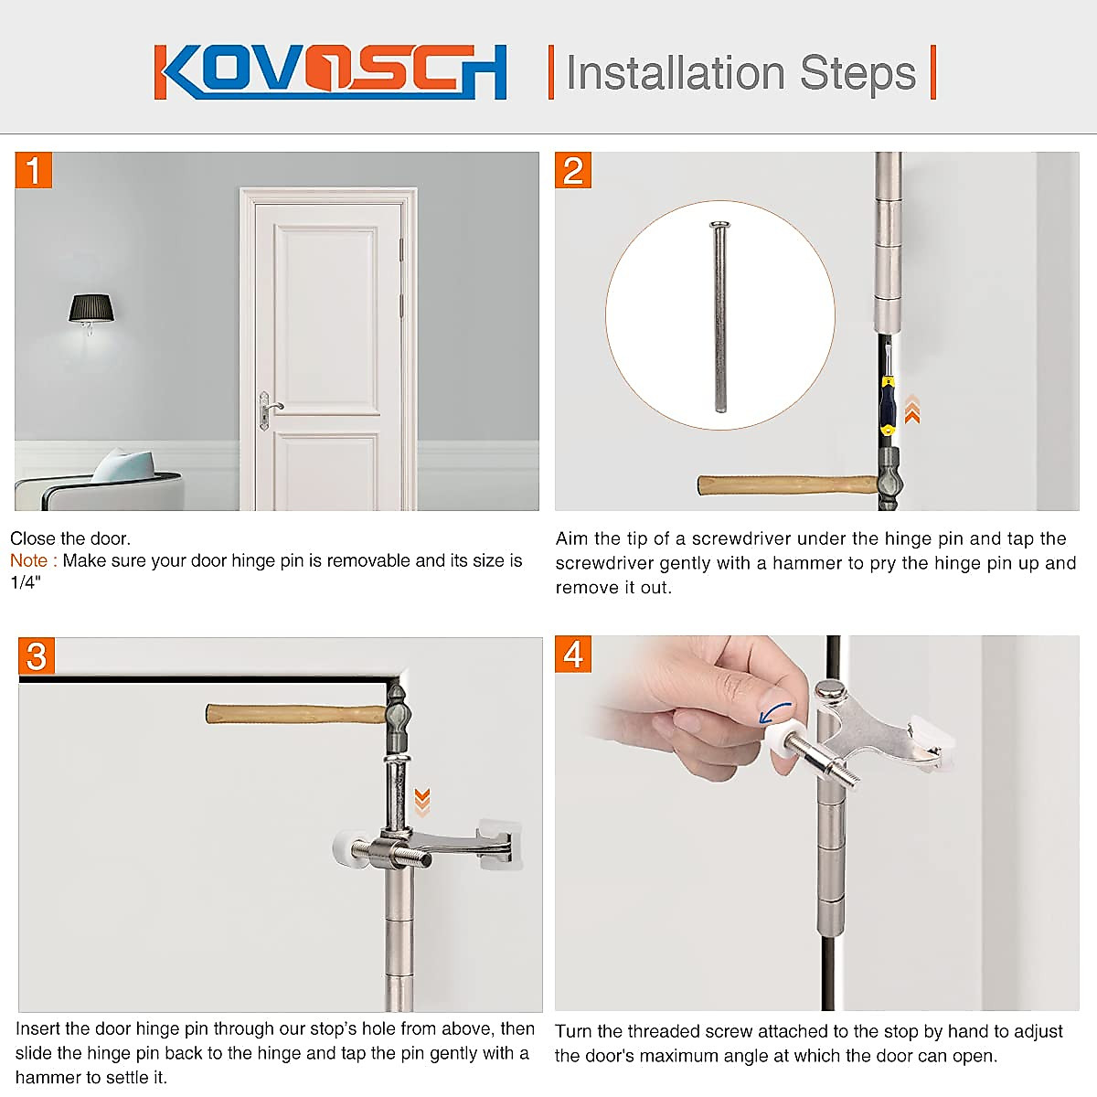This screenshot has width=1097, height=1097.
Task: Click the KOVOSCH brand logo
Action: [x=330, y=71]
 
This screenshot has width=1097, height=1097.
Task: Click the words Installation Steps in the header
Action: [x=740, y=73]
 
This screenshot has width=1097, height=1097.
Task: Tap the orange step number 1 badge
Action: [x=34, y=171]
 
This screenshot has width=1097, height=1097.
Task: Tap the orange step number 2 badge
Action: [x=573, y=171]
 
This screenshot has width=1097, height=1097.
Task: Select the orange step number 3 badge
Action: [x=37, y=656]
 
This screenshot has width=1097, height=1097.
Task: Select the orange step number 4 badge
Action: [x=573, y=655]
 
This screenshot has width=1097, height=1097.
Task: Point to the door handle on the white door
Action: [x=271, y=407]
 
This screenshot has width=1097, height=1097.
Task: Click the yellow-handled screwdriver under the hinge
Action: [x=887, y=402]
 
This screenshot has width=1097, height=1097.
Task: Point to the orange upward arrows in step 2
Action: [x=911, y=410]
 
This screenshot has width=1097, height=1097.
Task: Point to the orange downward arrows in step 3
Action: [x=421, y=801]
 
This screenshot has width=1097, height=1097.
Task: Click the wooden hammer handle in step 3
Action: [x=293, y=713]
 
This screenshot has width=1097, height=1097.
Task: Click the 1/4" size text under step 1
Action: [x=26, y=583]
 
